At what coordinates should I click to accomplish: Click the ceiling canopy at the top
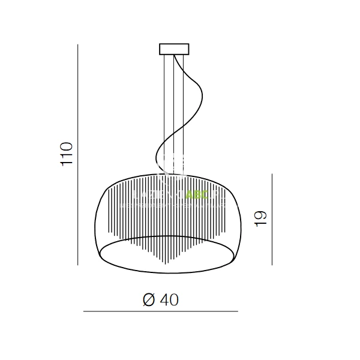(174, 49)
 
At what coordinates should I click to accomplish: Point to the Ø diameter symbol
(150, 300)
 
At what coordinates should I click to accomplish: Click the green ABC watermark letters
(196, 195)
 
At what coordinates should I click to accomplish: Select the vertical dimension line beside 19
(272, 219)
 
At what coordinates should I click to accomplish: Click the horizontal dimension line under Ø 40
(160, 312)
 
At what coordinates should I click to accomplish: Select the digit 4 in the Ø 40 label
(166, 300)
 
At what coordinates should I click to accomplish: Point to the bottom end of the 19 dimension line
(272, 264)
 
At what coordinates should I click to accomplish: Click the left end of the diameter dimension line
(83, 312)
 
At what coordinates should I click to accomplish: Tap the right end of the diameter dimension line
(238, 312)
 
